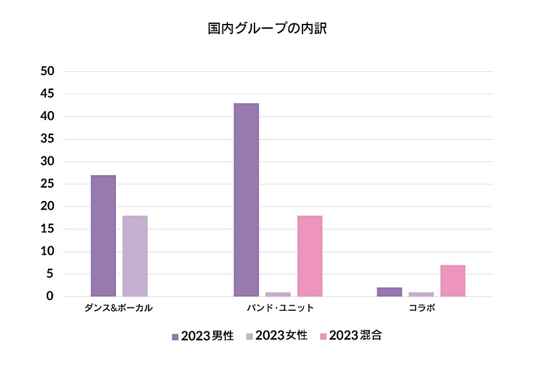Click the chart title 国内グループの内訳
pyautogui.click(x=266, y=29)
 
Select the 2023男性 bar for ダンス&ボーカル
pyautogui.click(x=103, y=236)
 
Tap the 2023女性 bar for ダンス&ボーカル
pyautogui.click(x=135, y=256)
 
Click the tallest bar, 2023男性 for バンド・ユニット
pyautogui.click(x=246, y=200)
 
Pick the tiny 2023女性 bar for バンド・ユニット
pyautogui.click(x=278, y=294)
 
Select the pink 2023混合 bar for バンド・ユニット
pyautogui.click(x=310, y=256)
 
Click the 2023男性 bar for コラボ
pyautogui.click(x=389, y=292)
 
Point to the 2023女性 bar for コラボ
pyautogui.click(x=421, y=294)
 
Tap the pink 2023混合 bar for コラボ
pyautogui.click(x=453, y=281)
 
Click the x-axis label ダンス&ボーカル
pyautogui.click(x=119, y=309)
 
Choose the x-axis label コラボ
pyautogui.click(x=422, y=309)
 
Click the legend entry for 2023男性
pyautogui.click(x=203, y=336)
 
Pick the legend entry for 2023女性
pyautogui.click(x=276, y=336)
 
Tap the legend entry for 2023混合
pyautogui.click(x=350, y=336)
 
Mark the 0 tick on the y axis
pyautogui.click(x=50, y=296)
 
